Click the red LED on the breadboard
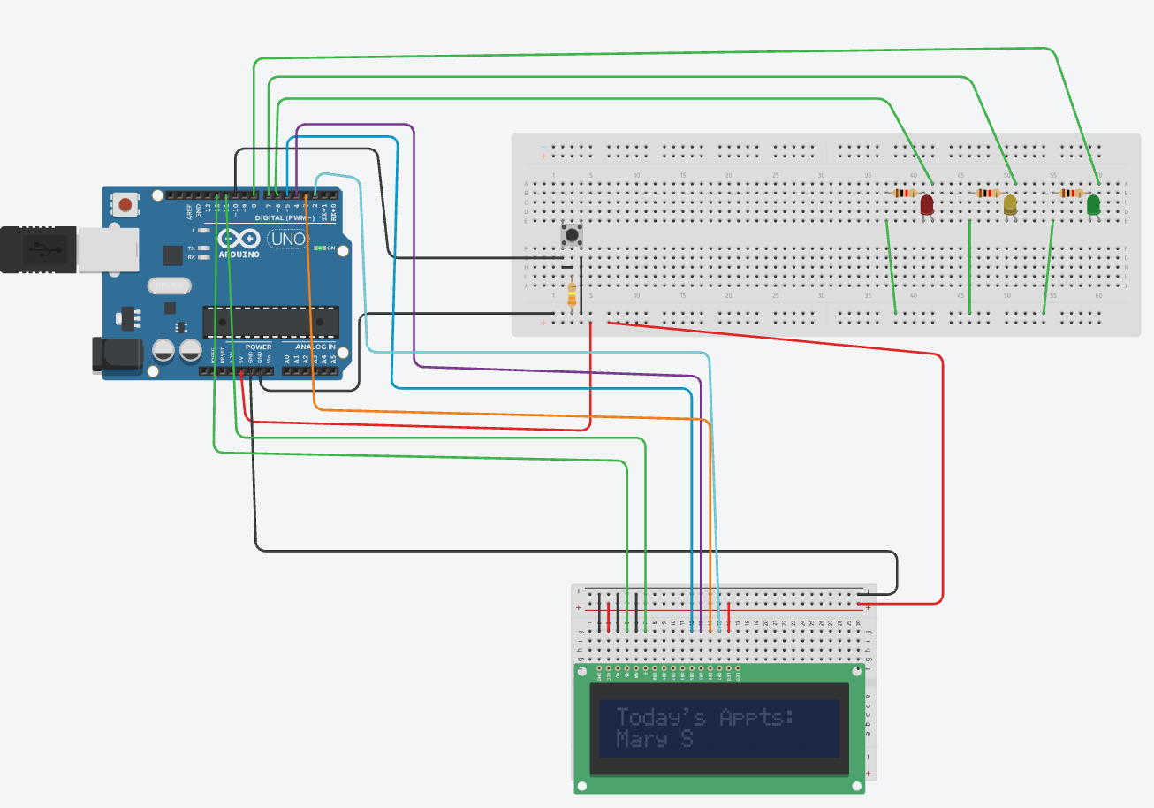pos(927,205)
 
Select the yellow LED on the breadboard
pos(1010,205)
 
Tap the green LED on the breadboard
pos(1093,205)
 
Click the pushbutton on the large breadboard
pos(572,235)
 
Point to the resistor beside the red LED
pos(905,193)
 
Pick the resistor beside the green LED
pos(1072,193)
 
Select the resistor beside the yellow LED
pos(988,193)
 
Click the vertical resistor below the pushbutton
pos(572,294)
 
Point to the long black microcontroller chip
pos(270,322)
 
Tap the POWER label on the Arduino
pos(258,347)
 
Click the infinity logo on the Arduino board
pos(239,239)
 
